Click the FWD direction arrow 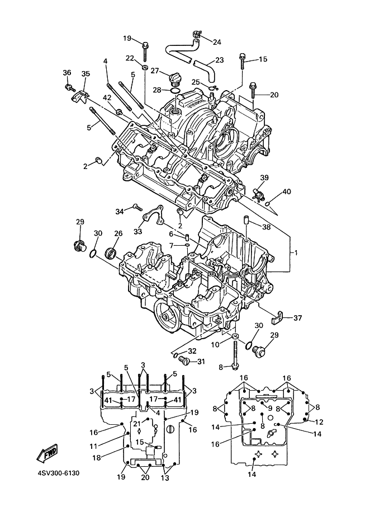tap(48, 453)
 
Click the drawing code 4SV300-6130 tap(59, 473)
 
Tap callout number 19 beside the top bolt tap(127, 39)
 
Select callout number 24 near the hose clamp tap(217, 42)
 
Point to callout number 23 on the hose tap(219, 60)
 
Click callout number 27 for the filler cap tap(155, 71)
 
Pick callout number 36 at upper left tap(67, 73)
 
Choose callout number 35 tap(86, 74)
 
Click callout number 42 tap(106, 98)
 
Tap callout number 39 tap(264, 178)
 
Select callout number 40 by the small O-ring tap(287, 191)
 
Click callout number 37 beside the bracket tap(297, 318)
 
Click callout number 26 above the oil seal tap(118, 233)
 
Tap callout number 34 tap(119, 211)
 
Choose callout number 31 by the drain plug tap(201, 361)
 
